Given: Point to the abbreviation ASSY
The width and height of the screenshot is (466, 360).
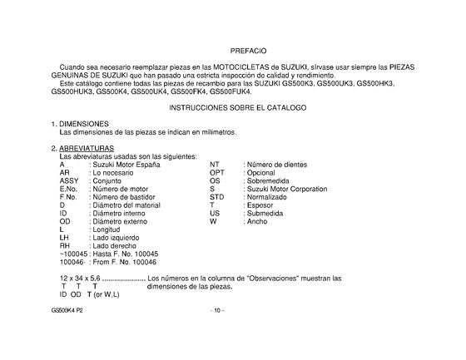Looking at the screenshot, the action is [70, 181].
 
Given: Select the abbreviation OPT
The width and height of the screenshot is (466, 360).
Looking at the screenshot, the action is [218, 173].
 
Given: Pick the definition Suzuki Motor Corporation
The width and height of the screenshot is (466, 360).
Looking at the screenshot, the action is [286, 190].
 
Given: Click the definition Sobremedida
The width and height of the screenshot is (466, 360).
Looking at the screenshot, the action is [270, 181].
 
